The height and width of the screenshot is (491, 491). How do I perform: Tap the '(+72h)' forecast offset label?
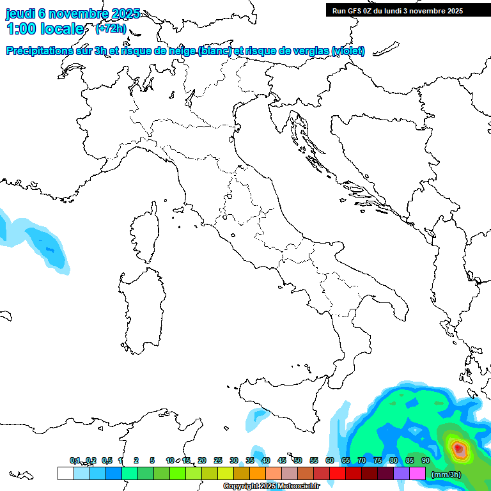[x=111, y=29]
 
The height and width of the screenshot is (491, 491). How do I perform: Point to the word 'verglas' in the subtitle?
[x=308, y=51]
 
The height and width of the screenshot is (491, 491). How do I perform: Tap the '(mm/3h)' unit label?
[x=446, y=474]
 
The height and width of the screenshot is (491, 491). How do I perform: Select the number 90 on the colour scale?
[x=426, y=460]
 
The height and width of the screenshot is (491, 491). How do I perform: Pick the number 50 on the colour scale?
[x=298, y=460]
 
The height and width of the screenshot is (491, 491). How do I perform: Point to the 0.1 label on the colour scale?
[x=75, y=460]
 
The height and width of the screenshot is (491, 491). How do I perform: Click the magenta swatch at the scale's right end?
[x=417, y=473]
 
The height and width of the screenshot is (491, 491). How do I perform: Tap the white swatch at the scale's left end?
[x=65, y=473]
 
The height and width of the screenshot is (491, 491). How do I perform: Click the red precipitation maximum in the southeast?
[x=458, y=449]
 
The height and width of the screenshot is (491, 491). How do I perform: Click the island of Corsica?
[x=145, y=234]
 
